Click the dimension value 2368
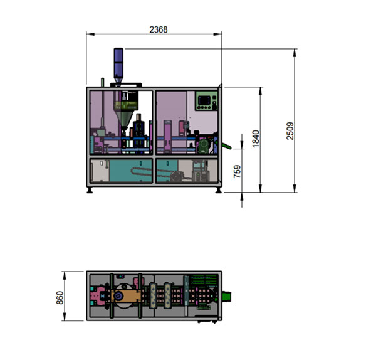[159, 29]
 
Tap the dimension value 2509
[290, 131]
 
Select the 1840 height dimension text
[256, 139]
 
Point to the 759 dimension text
[237, 171]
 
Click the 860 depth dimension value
[60, 298]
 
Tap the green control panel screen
[204, 100]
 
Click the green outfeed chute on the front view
[226, 145]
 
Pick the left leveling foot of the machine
[90, 190]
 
